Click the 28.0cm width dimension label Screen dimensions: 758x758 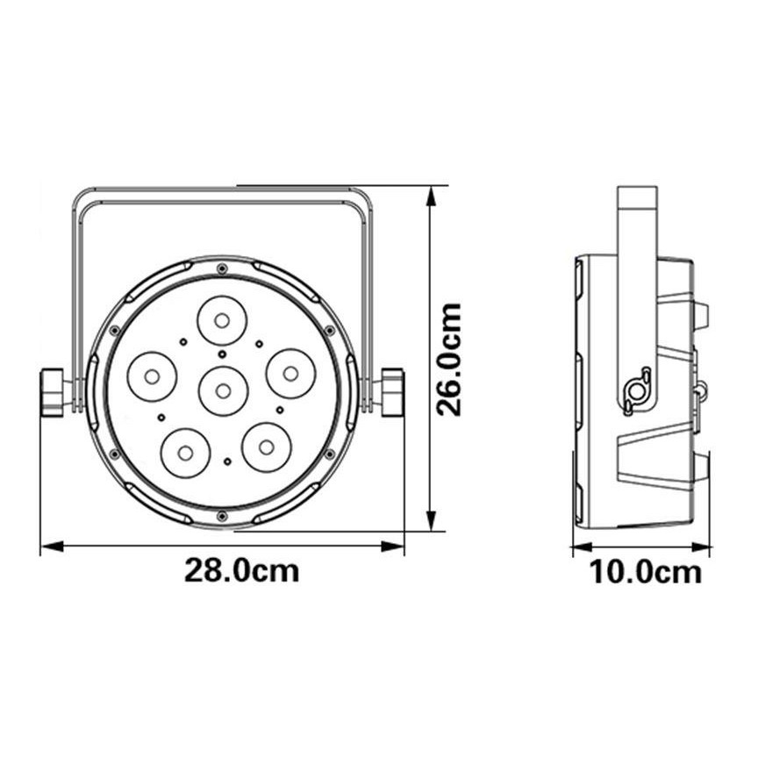242,570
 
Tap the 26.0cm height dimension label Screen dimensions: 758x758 448,359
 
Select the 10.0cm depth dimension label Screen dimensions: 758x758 645,572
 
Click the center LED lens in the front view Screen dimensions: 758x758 223,390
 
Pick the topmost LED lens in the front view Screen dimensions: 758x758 222,320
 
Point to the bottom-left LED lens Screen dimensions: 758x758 185,453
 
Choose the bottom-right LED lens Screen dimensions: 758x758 267,447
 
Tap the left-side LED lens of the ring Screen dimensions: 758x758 152,376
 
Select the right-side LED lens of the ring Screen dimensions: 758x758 290,374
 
